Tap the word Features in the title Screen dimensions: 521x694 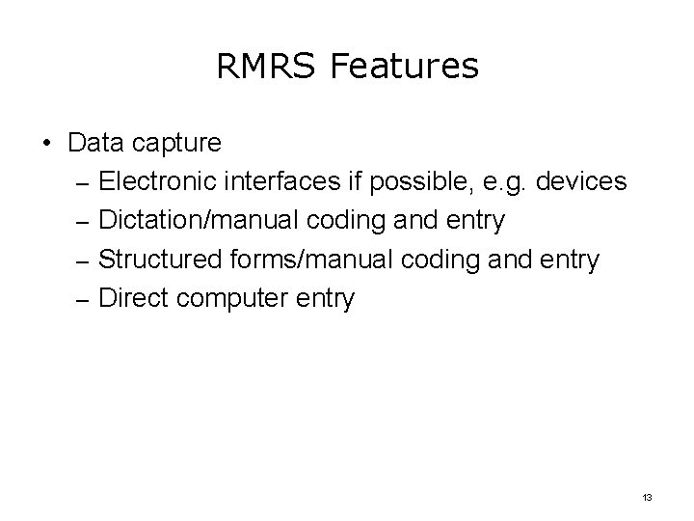[405, 67]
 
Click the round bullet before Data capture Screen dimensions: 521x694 [46, 144]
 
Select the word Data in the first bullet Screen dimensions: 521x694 [95, 144]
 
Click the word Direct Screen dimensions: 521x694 [132, 298]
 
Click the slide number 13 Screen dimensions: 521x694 [647, 498]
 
